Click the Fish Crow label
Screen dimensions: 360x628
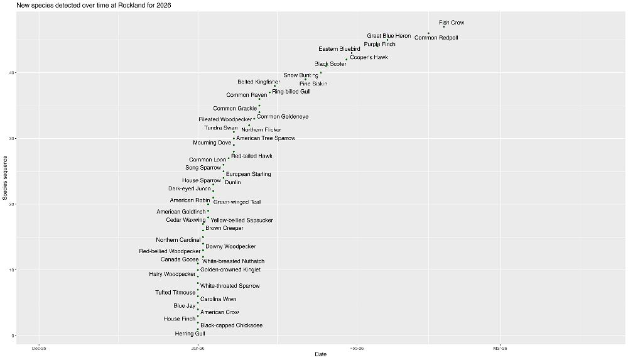[452, 23]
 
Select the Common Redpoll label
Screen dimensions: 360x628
[436, 38]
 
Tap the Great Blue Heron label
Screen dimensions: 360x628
[389, 36]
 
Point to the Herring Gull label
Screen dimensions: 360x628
[190, 334]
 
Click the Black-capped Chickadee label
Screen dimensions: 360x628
[231, 325]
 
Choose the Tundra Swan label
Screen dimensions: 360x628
[221, 128]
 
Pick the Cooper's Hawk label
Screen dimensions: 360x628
[369, 57]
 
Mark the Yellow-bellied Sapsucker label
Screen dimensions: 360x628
[241, 221]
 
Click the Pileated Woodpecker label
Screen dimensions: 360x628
[225, 119]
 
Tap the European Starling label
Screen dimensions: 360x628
[248, 174]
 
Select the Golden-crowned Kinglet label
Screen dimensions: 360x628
[230, 270]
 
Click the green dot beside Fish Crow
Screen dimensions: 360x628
[444, 26]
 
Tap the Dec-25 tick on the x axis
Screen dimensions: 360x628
[39, 347]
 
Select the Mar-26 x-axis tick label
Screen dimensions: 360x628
[500, 347]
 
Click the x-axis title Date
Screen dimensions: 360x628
[320, 355]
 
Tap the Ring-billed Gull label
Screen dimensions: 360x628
[291, 92]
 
